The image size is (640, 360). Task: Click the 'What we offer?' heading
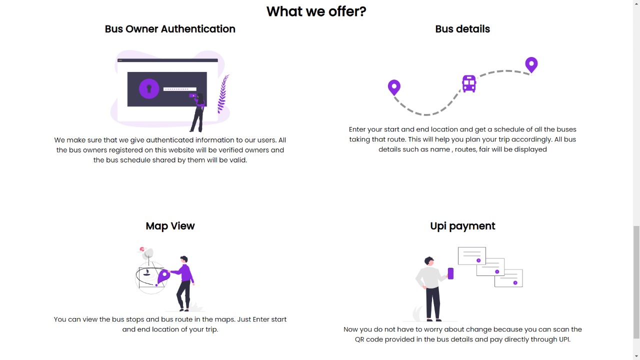(x=316, y=11)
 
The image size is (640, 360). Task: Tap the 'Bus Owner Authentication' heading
(x=170, y=29)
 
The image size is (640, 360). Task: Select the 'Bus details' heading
(x=462, y=29)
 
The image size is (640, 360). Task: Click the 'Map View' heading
(x=170, y=226)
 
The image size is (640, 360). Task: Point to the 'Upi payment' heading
(x=462, y=226)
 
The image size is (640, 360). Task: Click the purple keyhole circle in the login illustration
(x=149, y=89)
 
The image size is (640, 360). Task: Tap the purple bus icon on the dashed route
(x=469, y=83)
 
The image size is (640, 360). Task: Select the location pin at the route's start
(x=394, y=87)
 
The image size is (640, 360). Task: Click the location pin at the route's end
(x=531, y=64)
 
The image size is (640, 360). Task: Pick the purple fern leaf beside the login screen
(x=223, y=93)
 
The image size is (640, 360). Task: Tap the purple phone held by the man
(x=450, y=273)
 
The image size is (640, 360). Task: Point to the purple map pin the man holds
(x=163, y=276)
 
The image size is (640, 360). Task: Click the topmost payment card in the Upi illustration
(x=471, y=255)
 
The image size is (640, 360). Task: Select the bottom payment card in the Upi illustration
(x=508, y=278)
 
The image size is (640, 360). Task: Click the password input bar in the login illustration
(x=180, y=89)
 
